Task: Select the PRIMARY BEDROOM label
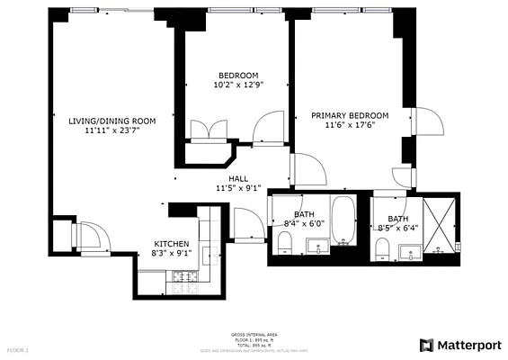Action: [350, 115]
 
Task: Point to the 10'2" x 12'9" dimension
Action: [238, 85]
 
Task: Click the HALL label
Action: [238, 178]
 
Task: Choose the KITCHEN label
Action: [171, 244]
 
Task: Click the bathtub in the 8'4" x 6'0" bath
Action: [343, 220]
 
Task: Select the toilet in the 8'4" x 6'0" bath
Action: [284, 242]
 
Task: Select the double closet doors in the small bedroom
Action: [200, 131]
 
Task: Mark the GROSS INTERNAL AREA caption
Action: [254, 332]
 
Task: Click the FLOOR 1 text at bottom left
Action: [18, 348]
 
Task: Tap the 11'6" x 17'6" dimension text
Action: [350, 126]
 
